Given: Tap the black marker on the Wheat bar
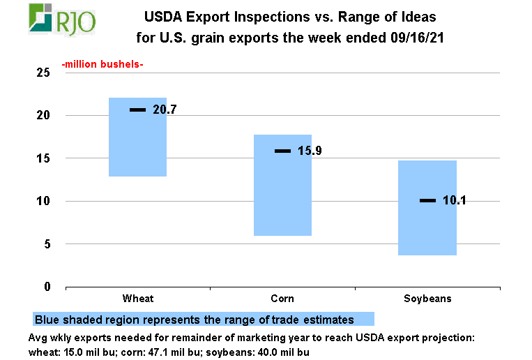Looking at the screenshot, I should [x=137, y=110].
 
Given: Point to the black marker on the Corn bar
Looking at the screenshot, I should [x=282, y=151].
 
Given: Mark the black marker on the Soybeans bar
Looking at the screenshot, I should [x=427, y=201].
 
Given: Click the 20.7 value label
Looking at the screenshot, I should [x=165, y=110].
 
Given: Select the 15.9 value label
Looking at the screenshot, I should [x=310, y=151].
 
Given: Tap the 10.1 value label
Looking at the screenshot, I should [x=454, y=201].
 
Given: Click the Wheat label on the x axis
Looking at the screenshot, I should [x=137, y=299].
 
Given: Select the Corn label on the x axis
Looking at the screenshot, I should [x=282, y=299].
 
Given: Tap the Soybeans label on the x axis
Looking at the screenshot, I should [x=427, y=299].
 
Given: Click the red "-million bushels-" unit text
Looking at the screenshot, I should [x=102, y=65].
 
